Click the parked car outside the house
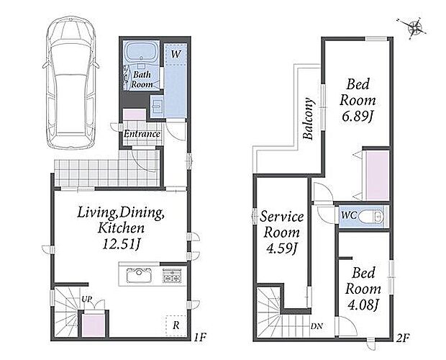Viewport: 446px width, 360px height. tap(70, 83)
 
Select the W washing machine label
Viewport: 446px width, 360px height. tap(176, 54)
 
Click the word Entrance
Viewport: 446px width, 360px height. tap(142, 134)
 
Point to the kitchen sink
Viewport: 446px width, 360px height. tap(139, 275)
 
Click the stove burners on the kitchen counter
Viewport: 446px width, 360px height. tap(172, 275)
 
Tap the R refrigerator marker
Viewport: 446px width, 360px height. tap(176, 325)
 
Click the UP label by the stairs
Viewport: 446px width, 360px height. tap(87, 299)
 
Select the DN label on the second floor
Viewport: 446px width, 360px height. tap(317, 326)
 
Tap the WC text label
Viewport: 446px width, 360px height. tap(349, 215)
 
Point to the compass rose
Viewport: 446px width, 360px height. tap(415, 27)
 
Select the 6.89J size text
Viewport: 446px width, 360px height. tap(358, 117)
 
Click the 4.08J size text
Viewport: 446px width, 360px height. tap(363, 305)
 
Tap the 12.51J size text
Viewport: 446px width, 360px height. tap(121, 244)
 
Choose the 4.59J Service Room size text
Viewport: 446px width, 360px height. tap(281, 248)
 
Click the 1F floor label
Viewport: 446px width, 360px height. tap(200, 338)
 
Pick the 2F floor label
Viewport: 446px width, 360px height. tap(403, 338)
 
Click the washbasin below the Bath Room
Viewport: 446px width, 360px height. tap(156, 106)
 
